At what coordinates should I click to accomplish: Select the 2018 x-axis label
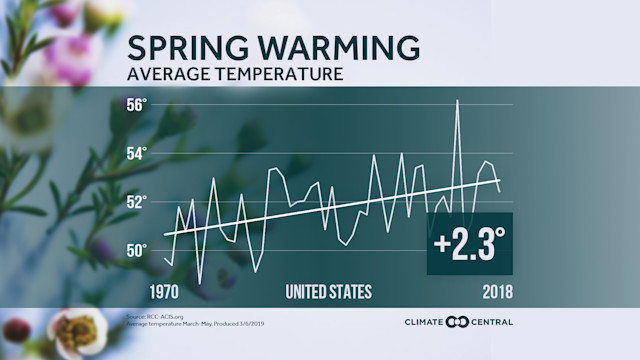point(496,292)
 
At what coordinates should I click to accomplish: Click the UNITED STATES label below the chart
point(328,292)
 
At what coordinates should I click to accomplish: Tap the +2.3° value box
point(470,244)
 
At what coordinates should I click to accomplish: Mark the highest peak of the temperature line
point(457,102)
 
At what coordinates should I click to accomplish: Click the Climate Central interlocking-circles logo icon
point(457,322)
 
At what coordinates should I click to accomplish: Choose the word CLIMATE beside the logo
point(424,322)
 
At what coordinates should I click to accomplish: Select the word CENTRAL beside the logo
point(492,322)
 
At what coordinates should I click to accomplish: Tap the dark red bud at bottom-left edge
point(16,329)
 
